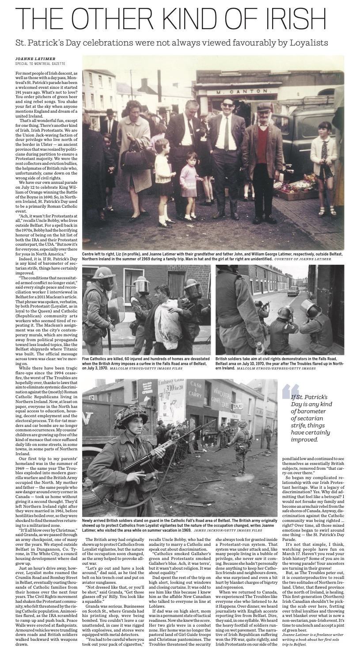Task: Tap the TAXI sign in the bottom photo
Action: [x=250, y=405]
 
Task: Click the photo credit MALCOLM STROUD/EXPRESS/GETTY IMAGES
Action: [x=276, y=368]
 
